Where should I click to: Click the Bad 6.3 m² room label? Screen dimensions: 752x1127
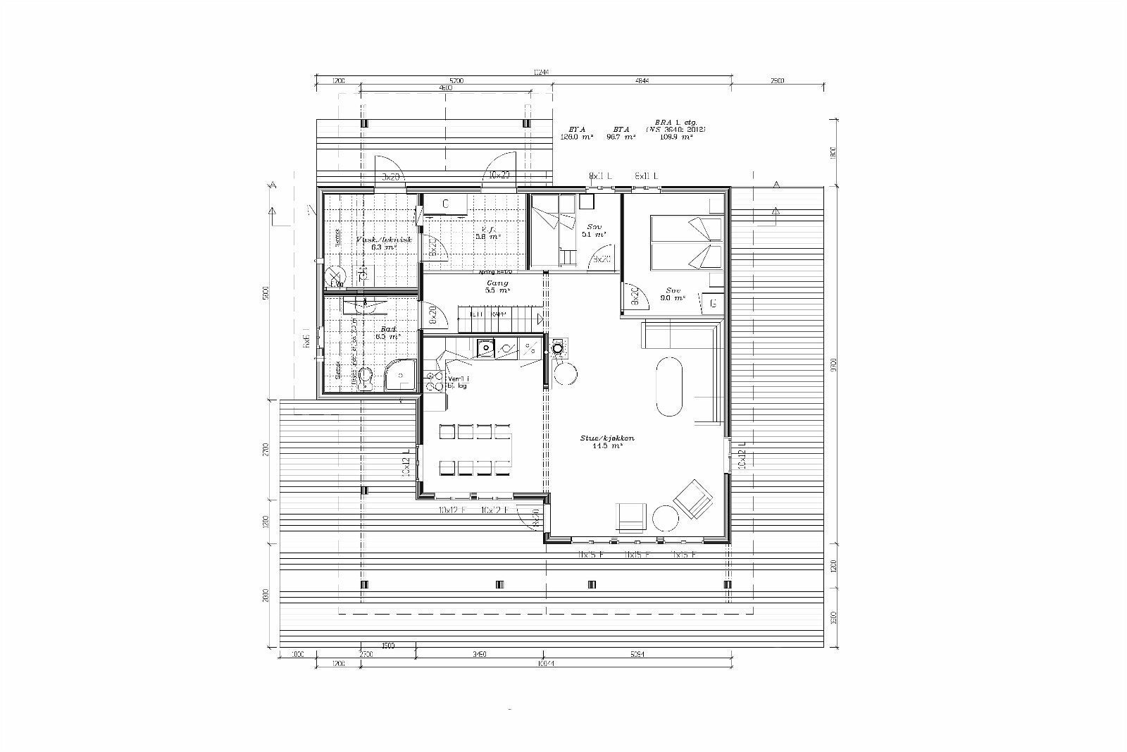point(387,333)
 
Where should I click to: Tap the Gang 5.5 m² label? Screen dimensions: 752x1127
point(497,286)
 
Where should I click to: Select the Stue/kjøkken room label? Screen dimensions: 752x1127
point(606,442)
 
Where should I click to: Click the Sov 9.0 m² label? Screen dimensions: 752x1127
point(674,294)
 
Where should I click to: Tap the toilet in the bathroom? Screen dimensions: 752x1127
point(365,378)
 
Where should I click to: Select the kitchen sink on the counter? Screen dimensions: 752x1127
point(485,347)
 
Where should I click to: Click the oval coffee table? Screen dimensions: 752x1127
point(669,387)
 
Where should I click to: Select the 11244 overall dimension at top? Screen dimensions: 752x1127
point(540,71)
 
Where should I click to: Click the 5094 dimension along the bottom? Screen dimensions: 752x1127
point(636,655)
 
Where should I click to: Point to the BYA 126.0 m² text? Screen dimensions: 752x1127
point(578,133)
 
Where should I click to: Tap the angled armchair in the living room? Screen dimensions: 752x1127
point(694,499)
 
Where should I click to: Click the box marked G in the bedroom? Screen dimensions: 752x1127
point(713,304)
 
